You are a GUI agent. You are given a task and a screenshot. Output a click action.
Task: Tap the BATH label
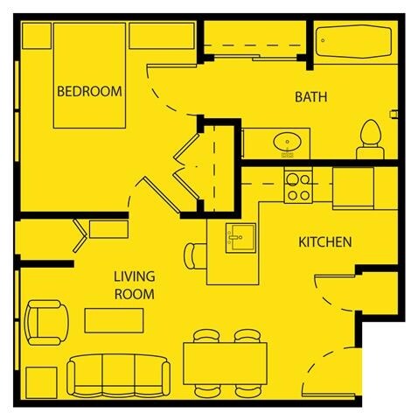pos(310,97)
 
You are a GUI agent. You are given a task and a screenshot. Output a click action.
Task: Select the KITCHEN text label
pos(325,241)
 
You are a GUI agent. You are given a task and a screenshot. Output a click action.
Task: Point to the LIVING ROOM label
pos(134,286)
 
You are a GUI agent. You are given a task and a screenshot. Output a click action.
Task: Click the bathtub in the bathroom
pos(352,42)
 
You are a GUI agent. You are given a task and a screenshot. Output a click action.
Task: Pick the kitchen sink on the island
pos(237,237)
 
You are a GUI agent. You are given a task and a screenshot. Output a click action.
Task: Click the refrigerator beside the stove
pos(353,186)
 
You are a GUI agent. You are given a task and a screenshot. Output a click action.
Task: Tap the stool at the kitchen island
pos(194,255)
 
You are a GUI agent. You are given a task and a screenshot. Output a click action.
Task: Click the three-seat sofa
pos(119,373)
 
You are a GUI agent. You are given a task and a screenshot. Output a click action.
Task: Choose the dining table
pos(225,365)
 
